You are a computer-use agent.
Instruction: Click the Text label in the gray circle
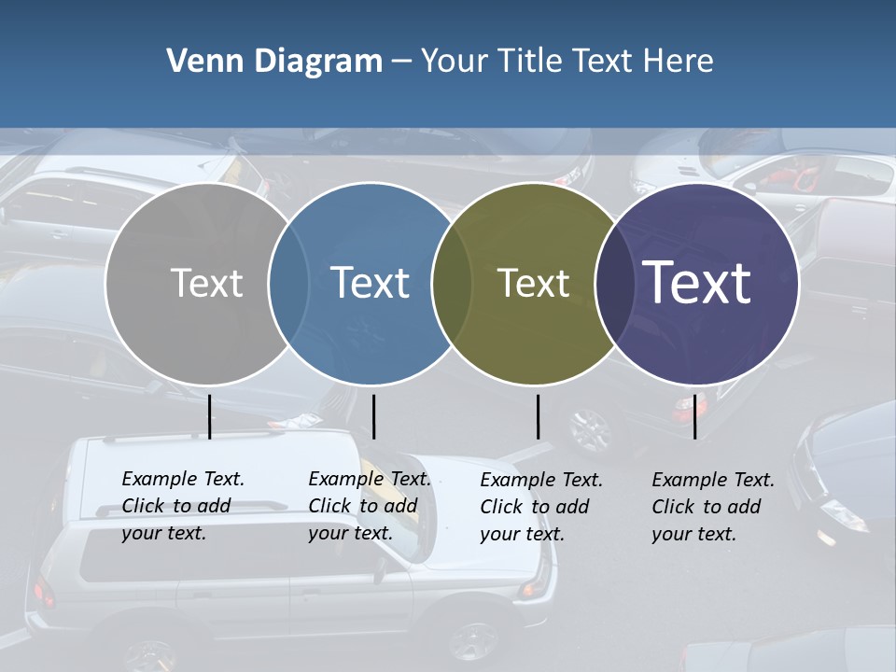tap(206, 283)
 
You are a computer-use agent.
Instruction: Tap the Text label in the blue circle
tap(370, 283)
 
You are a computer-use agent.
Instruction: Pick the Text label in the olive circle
tap(533, 283)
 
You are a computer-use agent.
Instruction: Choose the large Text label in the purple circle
tap(697, 283)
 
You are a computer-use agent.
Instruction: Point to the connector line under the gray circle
tap(209, 416)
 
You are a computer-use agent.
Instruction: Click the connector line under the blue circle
tap(373, 416)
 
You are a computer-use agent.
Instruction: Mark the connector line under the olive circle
tap(538, 416)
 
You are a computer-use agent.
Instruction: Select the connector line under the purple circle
tap(694, 416)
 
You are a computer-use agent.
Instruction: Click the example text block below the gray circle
tap(182, 506)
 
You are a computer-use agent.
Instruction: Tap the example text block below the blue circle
tap(369, 506)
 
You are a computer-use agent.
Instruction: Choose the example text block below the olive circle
tap(540, 507)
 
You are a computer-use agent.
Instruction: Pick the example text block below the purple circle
tap(712, 507)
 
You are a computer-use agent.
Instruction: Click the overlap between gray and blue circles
tap(288, 283)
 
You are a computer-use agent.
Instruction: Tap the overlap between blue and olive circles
tap(452, 283)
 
